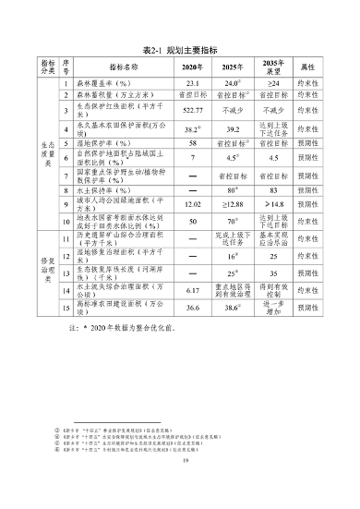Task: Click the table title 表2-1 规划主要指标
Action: (180, 51)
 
